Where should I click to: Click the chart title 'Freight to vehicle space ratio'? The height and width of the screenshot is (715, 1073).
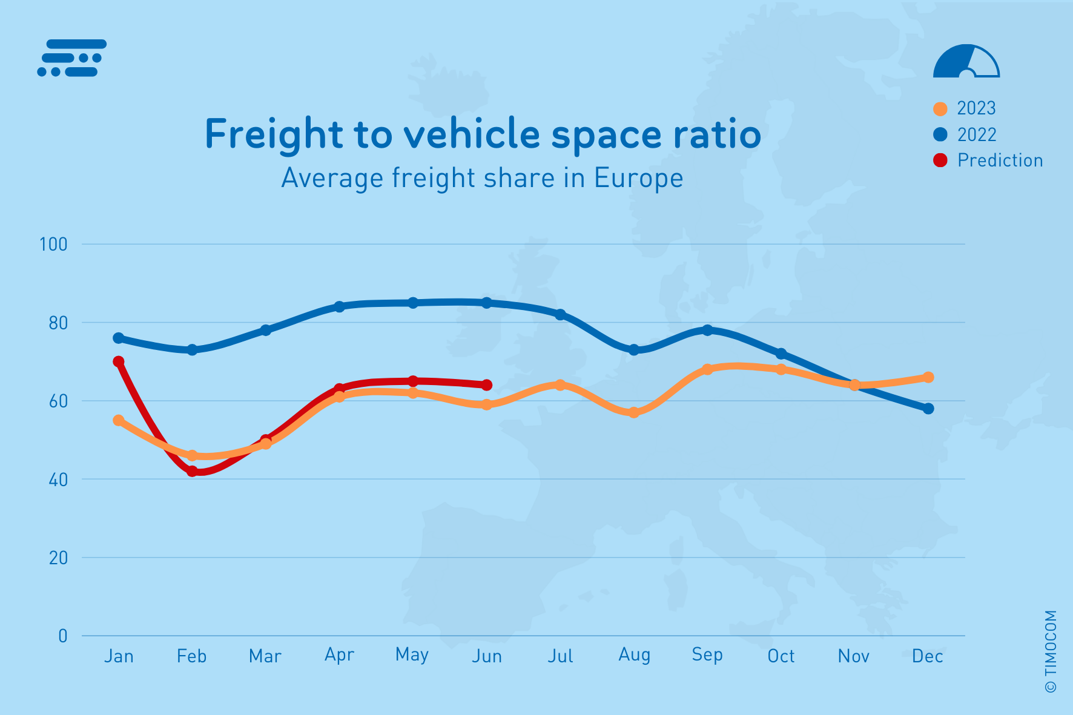click(483, 134)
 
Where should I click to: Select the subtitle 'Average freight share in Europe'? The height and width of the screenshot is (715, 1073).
click(482, 178)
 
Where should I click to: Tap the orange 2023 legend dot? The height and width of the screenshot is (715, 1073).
click(940, 109)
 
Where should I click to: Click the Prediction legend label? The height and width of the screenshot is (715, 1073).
click(1000, 160)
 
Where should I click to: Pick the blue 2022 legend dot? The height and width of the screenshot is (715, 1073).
click(940, 134)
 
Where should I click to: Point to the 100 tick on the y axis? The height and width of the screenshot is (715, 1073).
click(53, 245)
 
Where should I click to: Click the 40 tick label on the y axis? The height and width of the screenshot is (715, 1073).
click(58, 479)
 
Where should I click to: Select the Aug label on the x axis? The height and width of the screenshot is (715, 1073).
click(634, 654)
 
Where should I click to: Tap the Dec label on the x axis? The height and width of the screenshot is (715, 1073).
click(927, 656)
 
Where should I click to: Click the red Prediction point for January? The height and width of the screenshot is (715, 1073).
click(119, 361)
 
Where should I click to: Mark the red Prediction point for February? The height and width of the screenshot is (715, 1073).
click(193, 471)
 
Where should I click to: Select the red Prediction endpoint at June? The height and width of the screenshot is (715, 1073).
click(486, 385)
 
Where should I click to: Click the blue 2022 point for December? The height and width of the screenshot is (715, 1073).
click(928, 409)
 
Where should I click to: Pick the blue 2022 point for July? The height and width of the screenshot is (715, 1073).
click(560, 315)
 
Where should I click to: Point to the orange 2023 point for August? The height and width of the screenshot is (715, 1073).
click(634, 412)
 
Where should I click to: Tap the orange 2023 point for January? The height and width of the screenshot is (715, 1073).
click(119, 420)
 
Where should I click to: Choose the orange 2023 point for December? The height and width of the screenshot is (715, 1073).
click(928, 377)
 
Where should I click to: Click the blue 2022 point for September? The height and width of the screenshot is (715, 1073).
click(707, 330)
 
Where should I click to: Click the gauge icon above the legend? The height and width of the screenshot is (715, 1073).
click(966, 62)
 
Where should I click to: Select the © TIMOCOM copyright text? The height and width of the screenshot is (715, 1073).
click(1051, 651)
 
